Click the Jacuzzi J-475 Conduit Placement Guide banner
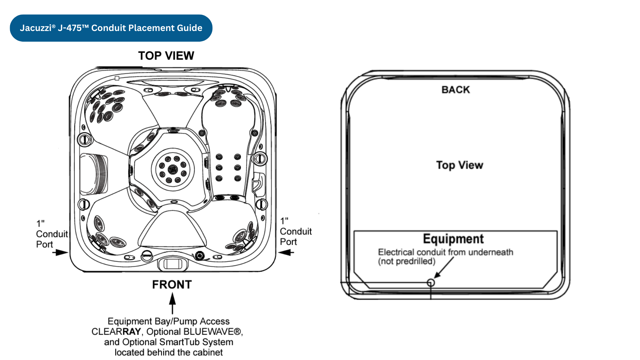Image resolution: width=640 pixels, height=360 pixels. (x=111, y=28)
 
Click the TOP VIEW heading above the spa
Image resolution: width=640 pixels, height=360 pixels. (x=166, y=56)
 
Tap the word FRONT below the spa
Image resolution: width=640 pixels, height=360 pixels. (x=172, y=285)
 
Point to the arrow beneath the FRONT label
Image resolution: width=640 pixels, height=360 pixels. (x=172, y=303)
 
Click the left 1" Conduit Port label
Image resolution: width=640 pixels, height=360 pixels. (x=52, y=234)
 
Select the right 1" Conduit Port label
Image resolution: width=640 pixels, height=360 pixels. (x=296, y=231)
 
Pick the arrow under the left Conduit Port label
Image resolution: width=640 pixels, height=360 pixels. (x=60, y=253)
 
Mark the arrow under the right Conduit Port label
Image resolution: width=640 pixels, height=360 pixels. (x=286, y=253)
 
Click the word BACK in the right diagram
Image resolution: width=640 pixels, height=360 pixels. (x=456, y=90)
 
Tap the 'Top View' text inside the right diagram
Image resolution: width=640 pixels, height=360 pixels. (x=460, y=165)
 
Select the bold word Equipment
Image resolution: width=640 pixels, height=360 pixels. (x=453, y=239)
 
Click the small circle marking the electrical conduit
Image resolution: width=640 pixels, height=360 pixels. (x=431, y=283)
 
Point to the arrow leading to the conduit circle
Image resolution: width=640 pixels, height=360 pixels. (x=444, y=267)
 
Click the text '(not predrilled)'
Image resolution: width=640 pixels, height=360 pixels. (x=407, y=261)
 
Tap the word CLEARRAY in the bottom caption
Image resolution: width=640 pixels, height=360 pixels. (x=116, y=332)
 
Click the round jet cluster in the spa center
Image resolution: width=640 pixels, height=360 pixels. (x=173, y=169)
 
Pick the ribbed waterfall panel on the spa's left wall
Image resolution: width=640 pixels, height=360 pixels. (x=94, y=174)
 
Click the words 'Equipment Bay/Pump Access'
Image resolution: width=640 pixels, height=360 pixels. (x=169, y=321)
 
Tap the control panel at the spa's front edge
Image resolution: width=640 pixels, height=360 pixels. (x=173, y=264)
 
